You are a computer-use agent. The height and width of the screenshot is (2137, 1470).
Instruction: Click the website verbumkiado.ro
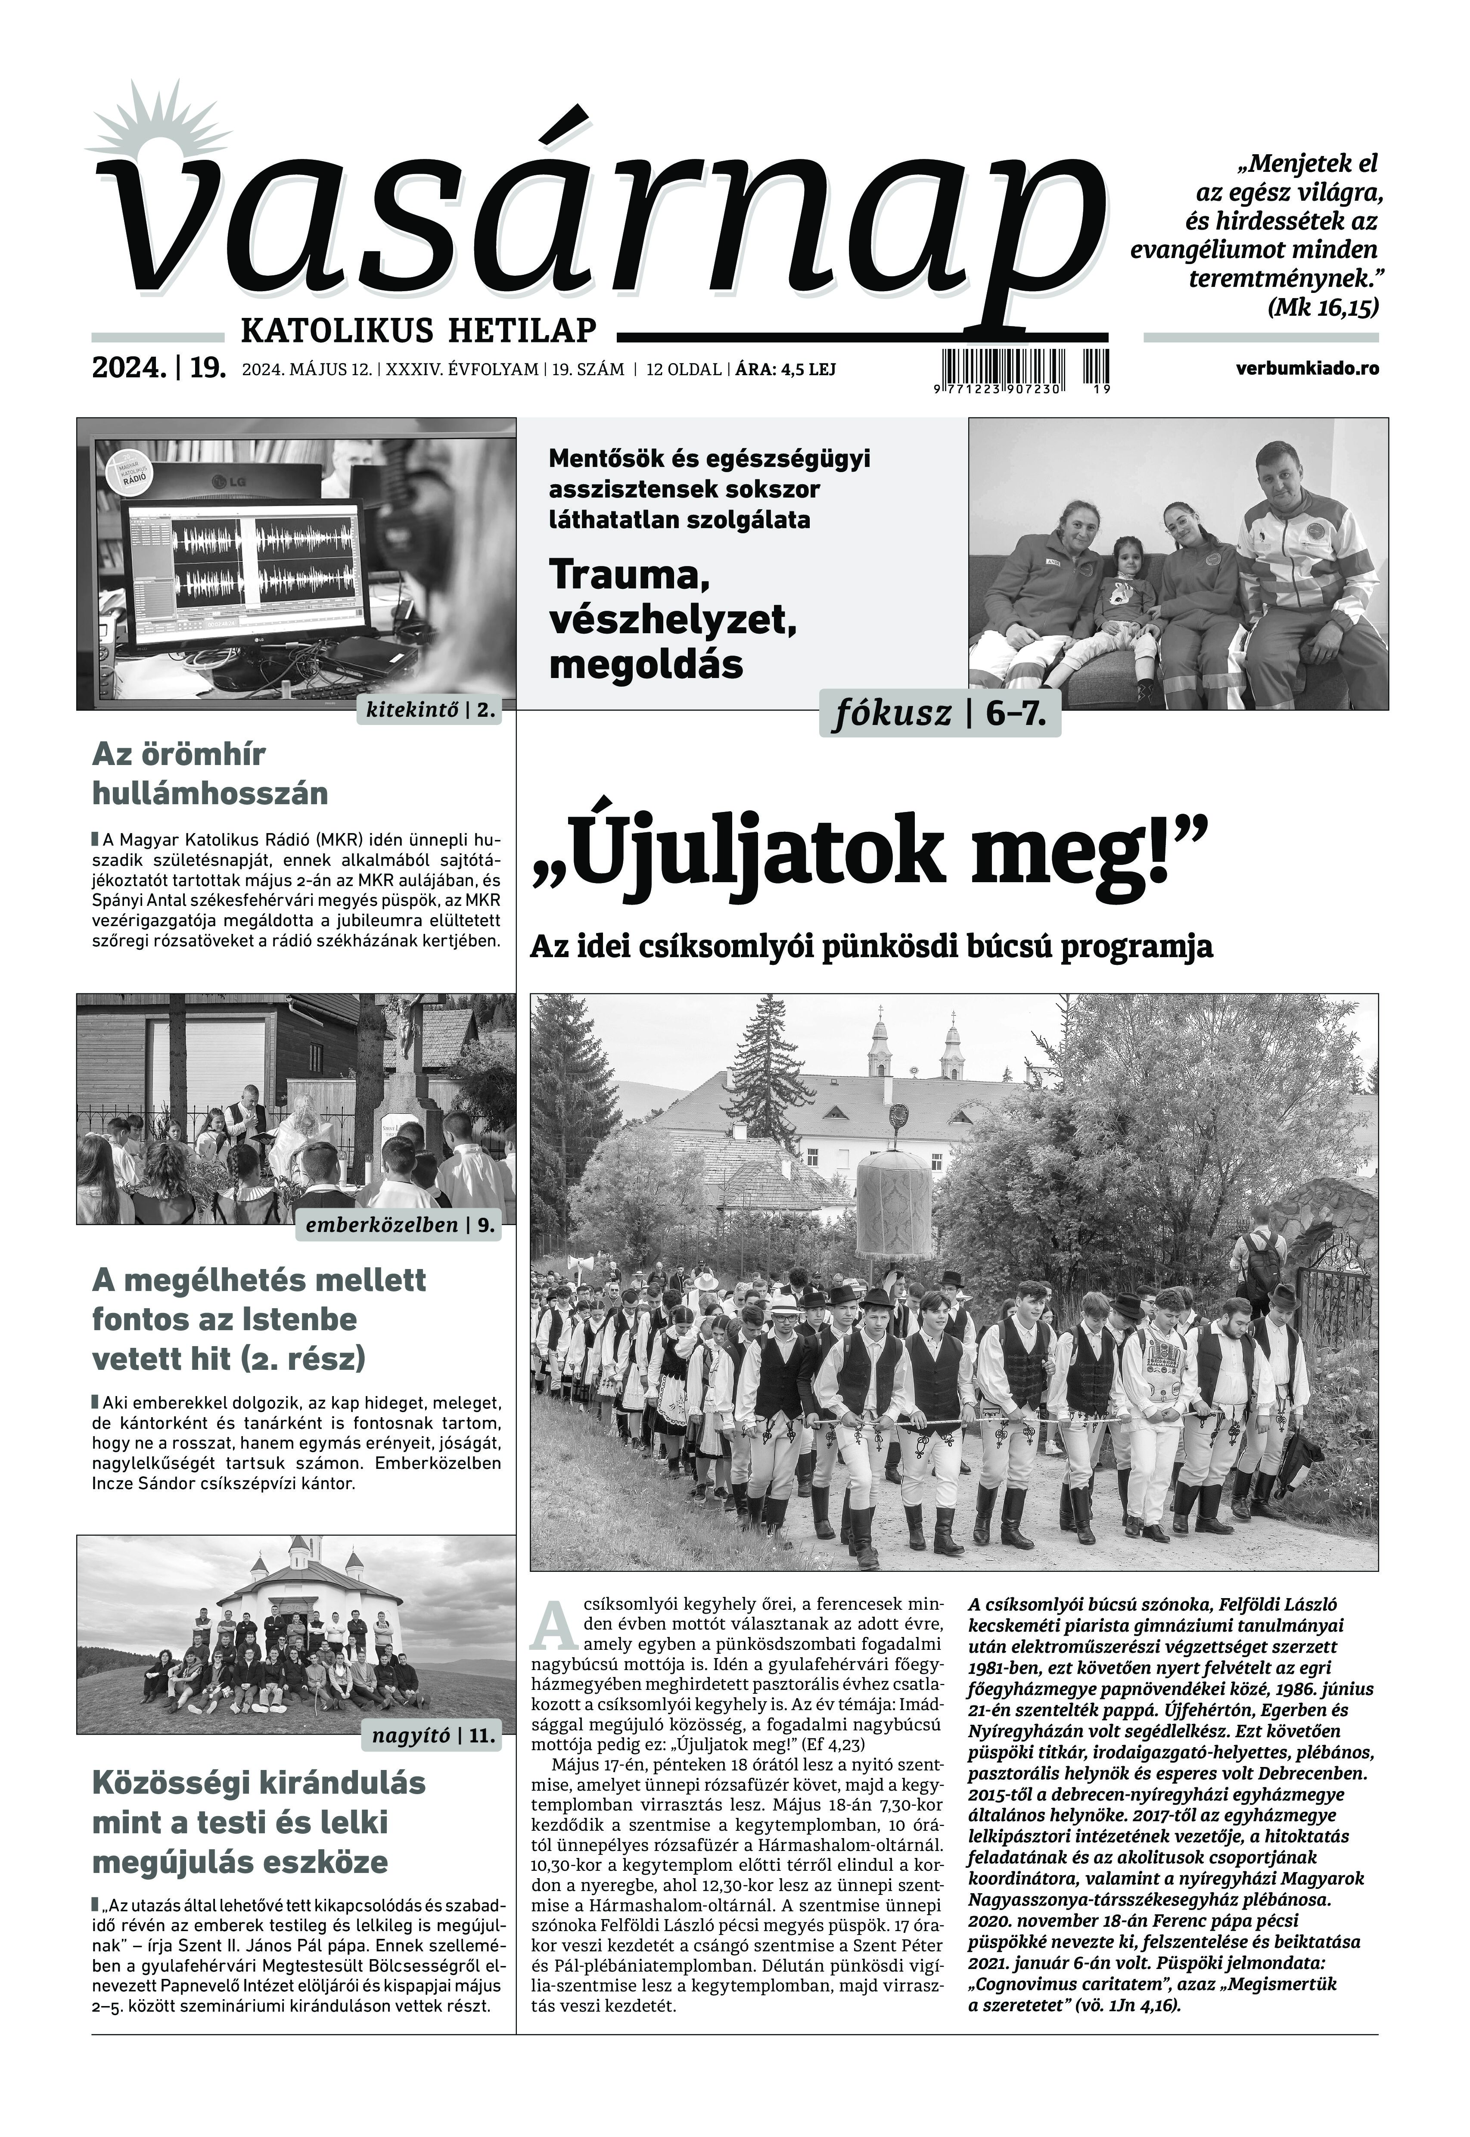1308,368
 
